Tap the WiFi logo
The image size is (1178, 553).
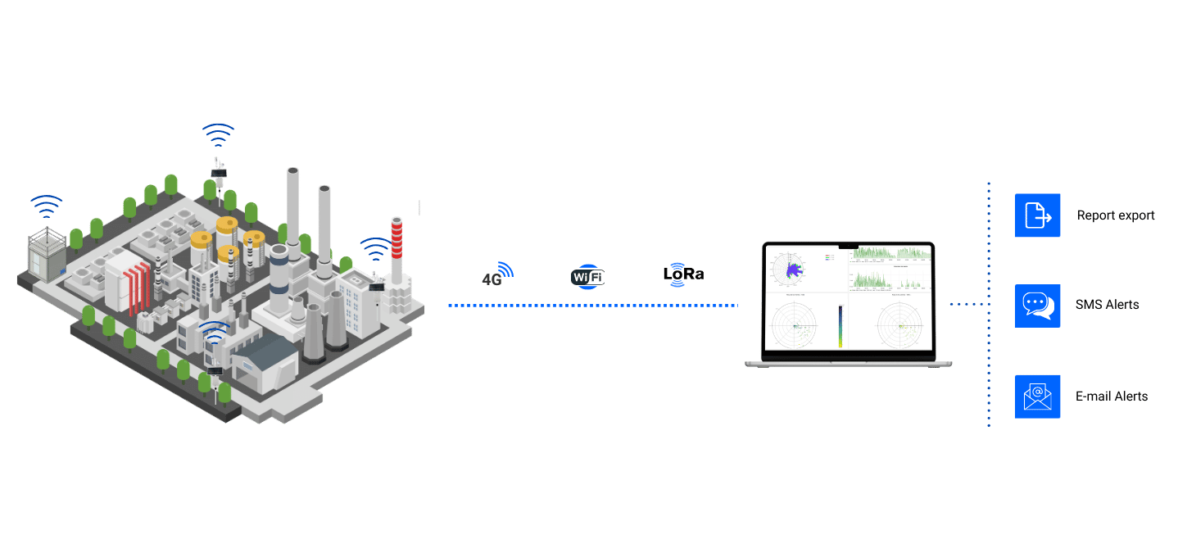click(587, 277)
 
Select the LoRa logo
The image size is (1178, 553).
click(682, 274)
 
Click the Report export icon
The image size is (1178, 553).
click(1038, 215)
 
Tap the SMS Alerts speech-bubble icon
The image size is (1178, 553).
click(1038, 305)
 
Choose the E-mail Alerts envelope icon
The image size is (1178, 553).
click(1038, 397)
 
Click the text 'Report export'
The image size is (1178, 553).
click(1115, 215)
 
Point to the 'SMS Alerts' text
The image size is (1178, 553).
click(1107, 305)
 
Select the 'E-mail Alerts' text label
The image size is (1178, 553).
click(1111, 397)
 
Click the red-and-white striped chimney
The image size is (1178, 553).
click(396, 250)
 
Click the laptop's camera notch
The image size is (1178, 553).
click(848, 246)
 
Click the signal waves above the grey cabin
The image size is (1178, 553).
click(47, 205)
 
